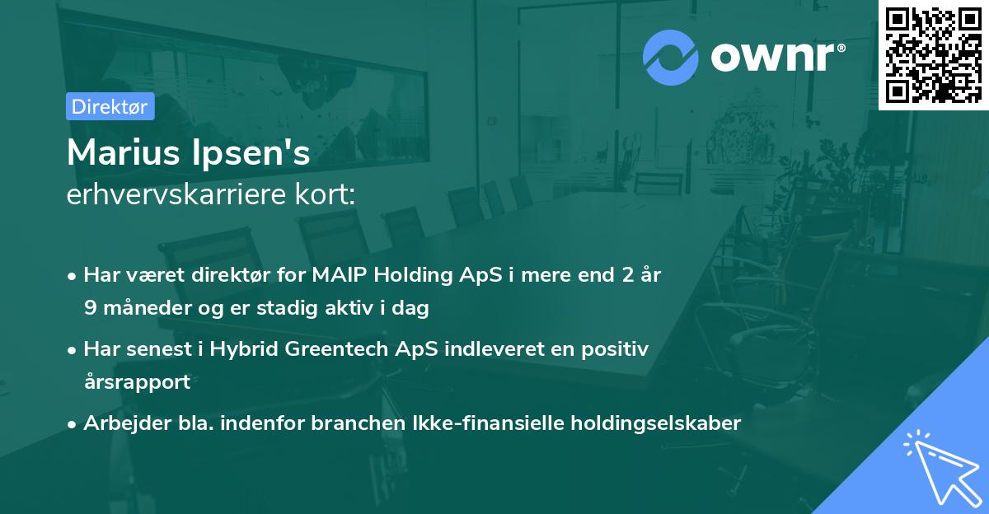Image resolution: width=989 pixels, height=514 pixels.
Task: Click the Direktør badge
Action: click(110, 106)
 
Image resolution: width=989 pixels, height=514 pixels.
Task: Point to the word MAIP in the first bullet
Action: click(340, 275)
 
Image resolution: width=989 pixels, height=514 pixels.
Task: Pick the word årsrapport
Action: click(137, 382)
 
